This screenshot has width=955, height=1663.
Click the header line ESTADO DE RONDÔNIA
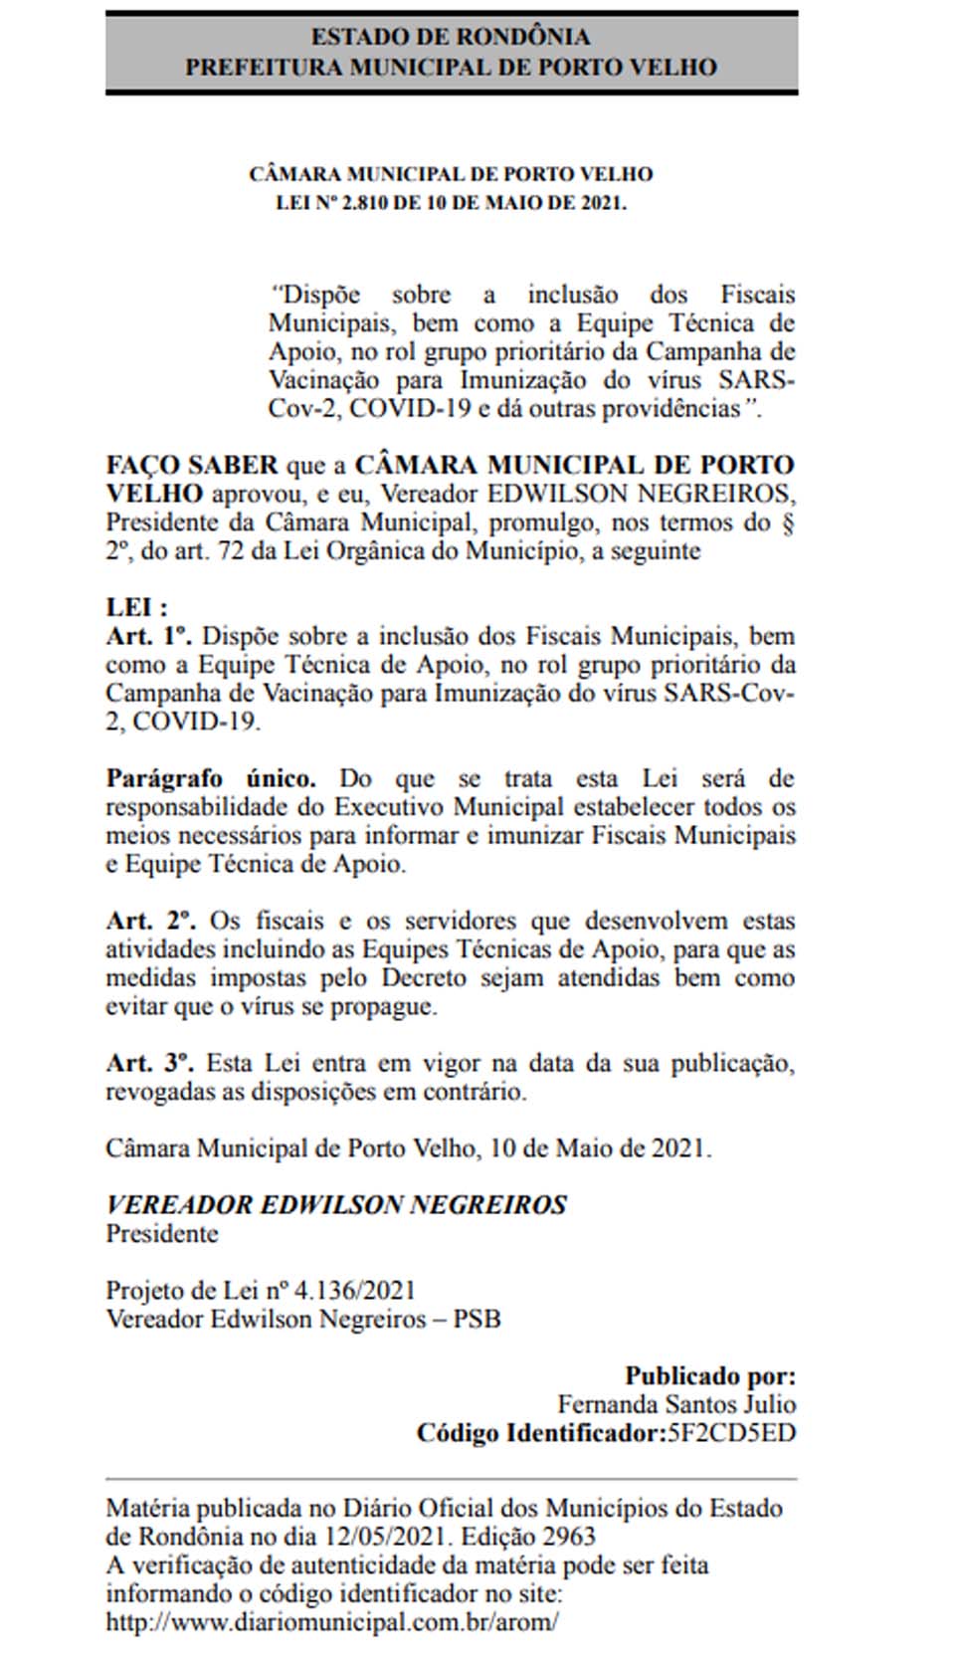(451, 37)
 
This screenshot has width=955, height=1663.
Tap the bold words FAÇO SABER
(192, 465)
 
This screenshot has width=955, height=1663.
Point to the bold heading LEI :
(137, 607)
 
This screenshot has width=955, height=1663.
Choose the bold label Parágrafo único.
(211, 778)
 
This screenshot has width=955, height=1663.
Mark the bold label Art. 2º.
(150, 921)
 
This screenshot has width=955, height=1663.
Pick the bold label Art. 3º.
(149, 1063)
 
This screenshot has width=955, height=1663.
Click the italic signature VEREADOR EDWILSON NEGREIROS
(336, 1205)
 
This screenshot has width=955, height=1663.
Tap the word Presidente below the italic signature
(162, 1234)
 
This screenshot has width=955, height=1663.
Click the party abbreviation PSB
(477, 1320)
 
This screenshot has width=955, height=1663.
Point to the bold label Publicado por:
(710, 1376)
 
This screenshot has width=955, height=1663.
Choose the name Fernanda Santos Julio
(676, 1404)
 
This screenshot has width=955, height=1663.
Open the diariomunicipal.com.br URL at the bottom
(332, 1621)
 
